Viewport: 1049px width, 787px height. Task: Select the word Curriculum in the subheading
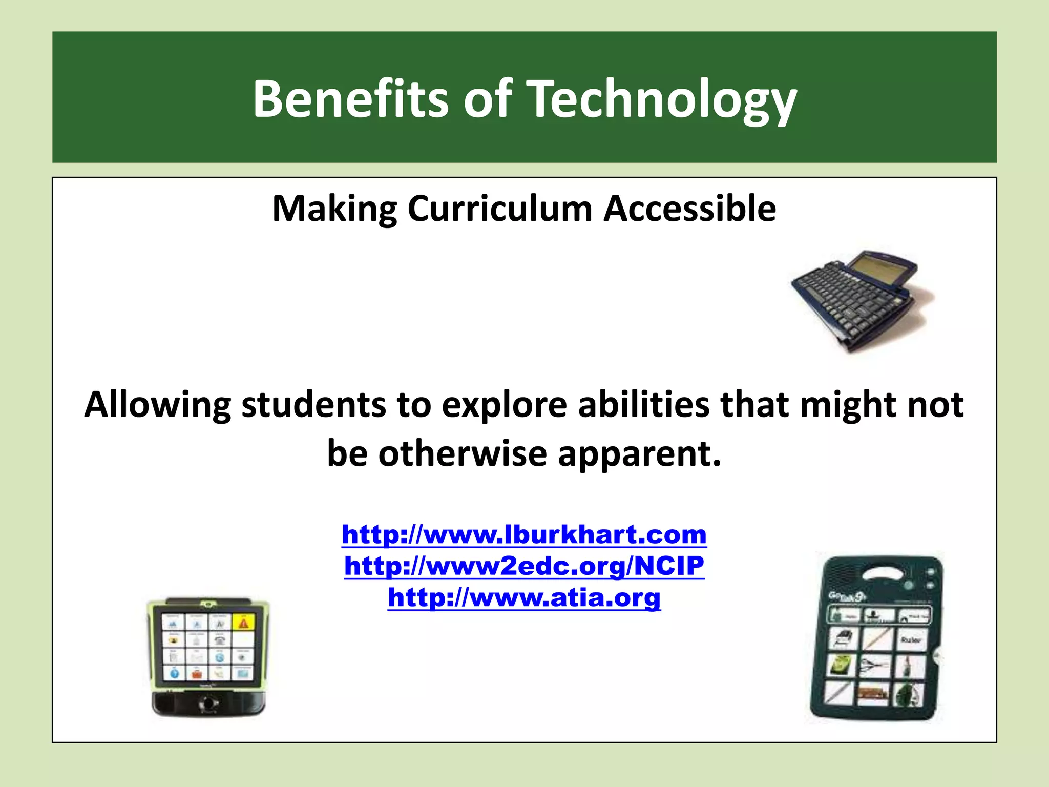(500, 209)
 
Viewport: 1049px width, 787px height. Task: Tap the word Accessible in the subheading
(689, 209)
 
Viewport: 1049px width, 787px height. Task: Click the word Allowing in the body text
(158, 405)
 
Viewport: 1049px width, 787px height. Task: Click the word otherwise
(463, 454)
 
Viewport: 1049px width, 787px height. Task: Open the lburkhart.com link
(524, 534)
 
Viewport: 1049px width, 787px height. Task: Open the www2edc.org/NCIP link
(524, 566)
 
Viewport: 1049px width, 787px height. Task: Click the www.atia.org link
(524, 597)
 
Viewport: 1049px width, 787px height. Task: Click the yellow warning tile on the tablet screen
(243, 623)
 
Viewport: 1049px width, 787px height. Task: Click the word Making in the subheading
(334, 209)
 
